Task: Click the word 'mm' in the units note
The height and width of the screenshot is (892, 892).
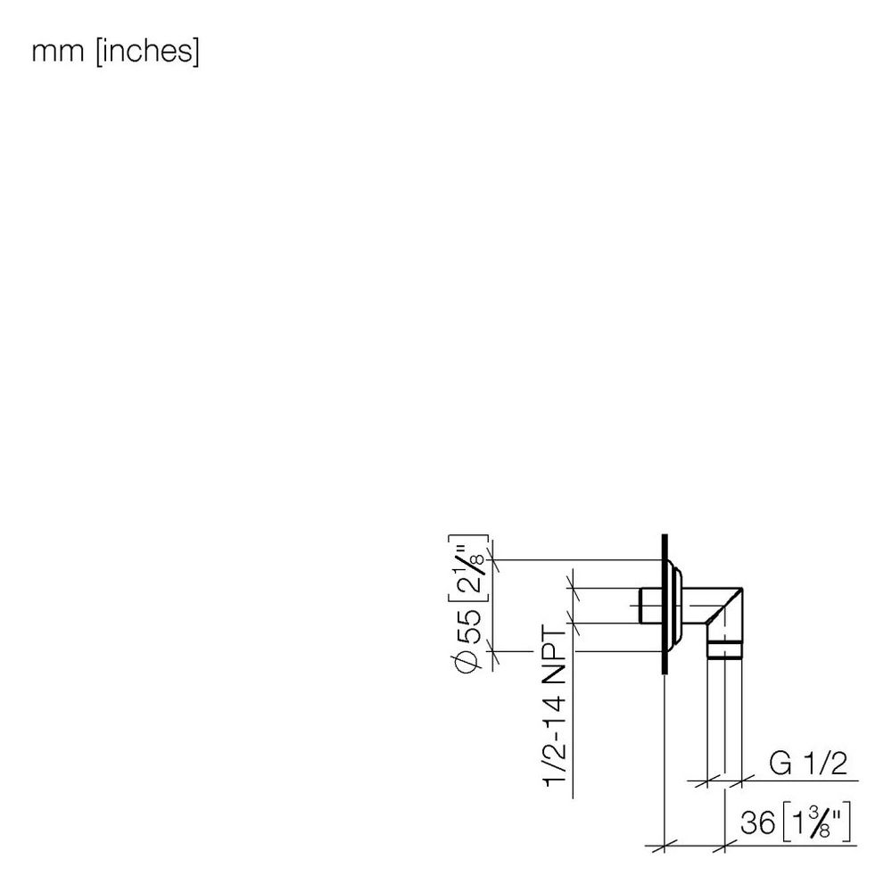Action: pos(57,53)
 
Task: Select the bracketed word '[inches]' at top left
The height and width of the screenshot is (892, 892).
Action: pos(148,52)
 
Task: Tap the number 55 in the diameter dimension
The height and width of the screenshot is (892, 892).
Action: pos(467,624)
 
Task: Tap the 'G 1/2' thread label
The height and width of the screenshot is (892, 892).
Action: pos(808,764)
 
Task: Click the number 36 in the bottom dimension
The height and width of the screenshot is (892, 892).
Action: pos(757,822)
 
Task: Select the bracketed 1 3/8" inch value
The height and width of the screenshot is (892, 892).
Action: pos(816,822)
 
